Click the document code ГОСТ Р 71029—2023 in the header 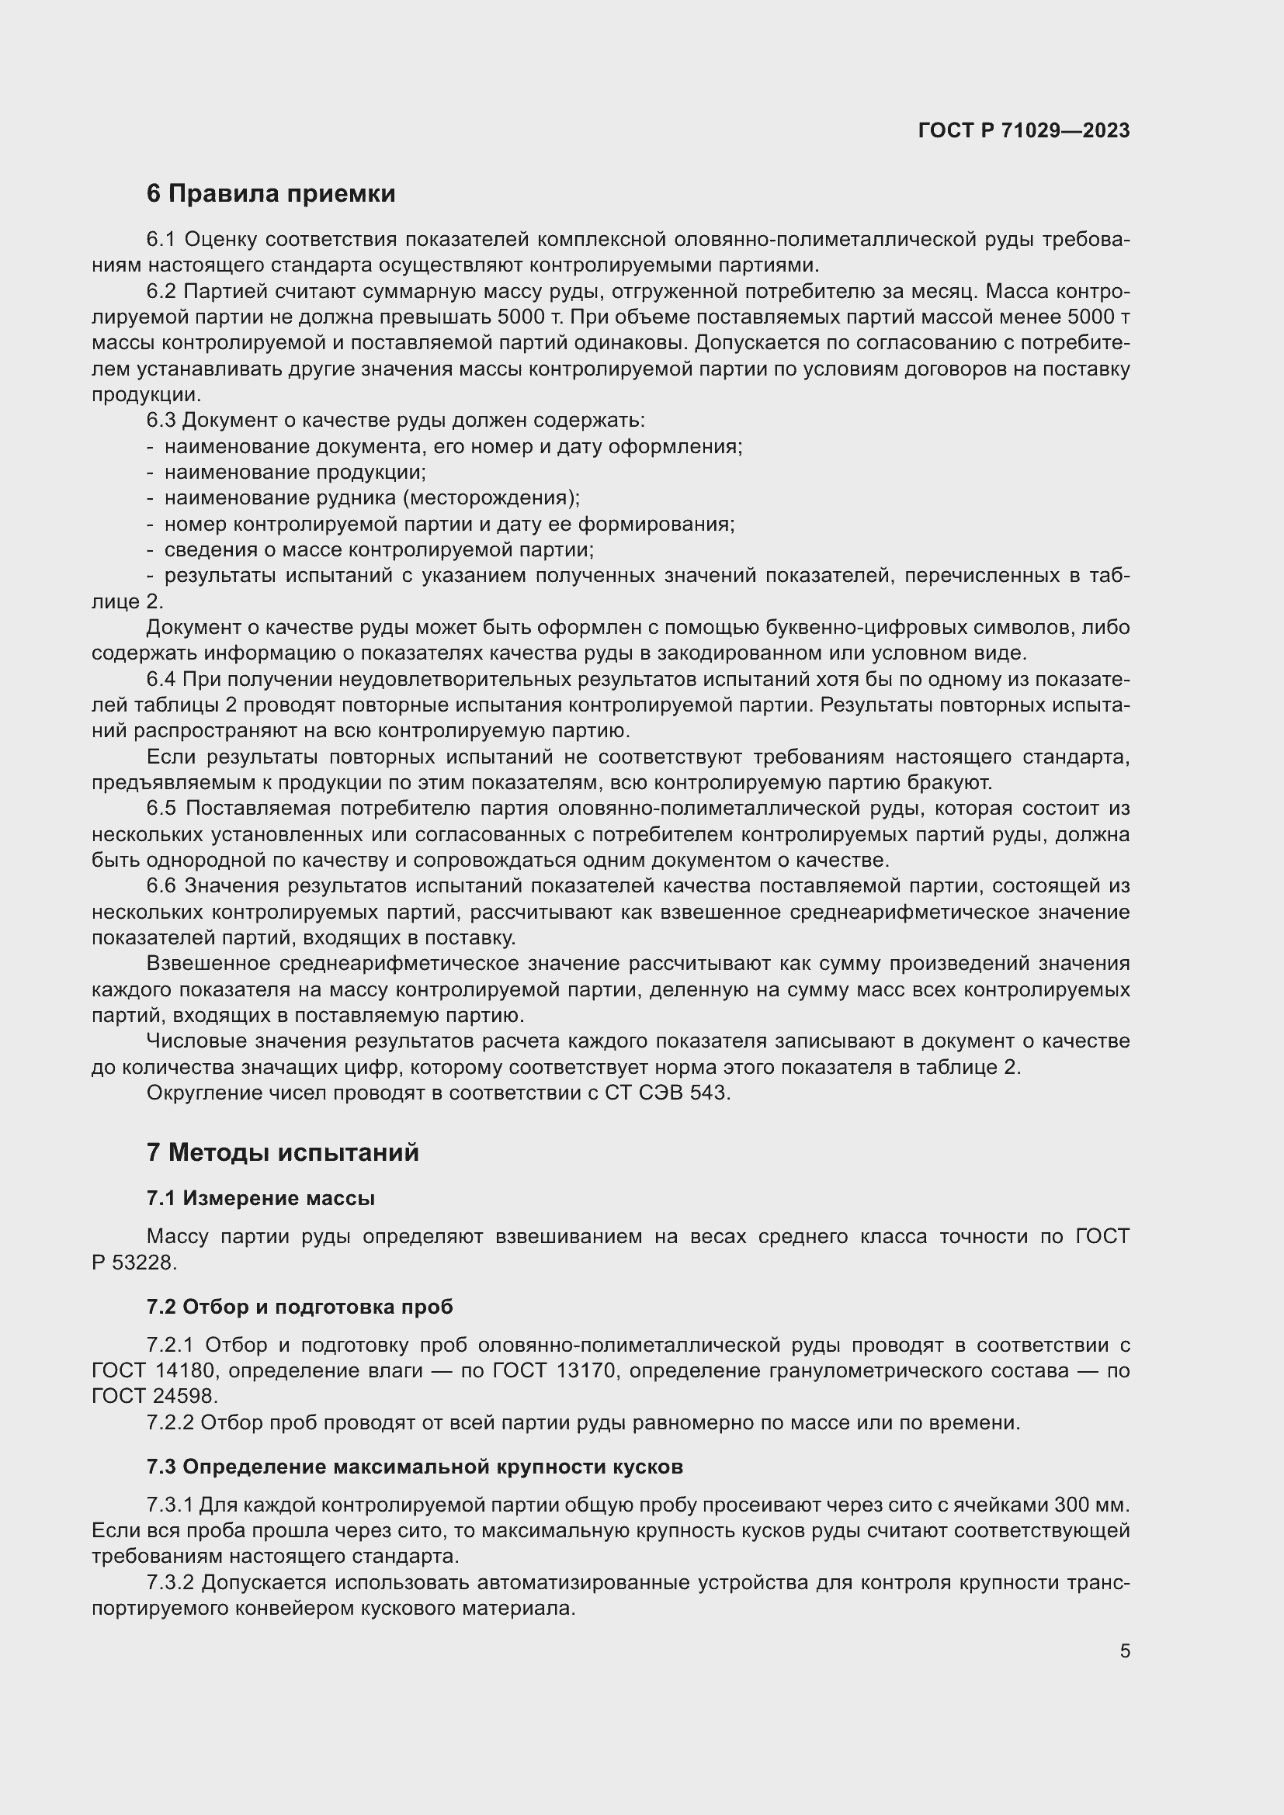click(x=1024, y=130)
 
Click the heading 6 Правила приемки click(x=270, y=194)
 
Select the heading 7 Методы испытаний click(x=283, y=1152)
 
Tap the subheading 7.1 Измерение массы click(x=260, y=1198)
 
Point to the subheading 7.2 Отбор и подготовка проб click(x=300, y=1307)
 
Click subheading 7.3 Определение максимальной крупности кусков click(x=415, y=1467)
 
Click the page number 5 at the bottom click(x=1124, y=1650)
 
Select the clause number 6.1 click(x=161, y=240)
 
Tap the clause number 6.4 click(x=161, y=679)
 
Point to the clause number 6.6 click(x=161, y=886)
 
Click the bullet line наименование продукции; click(x=295, y=473)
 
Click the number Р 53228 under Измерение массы click(x=132, y=1263)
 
